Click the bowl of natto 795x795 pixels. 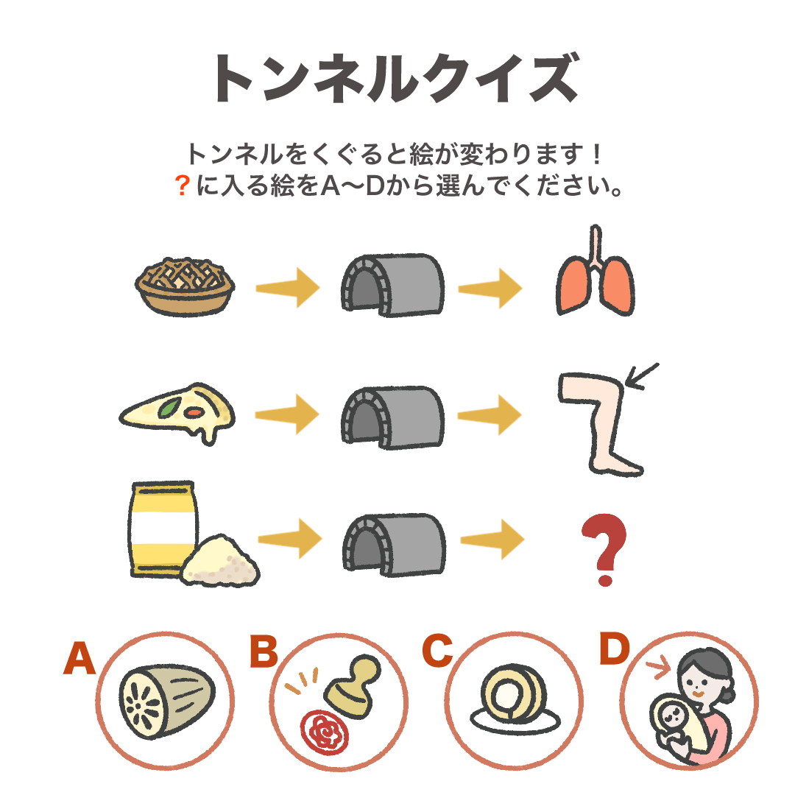[185, 287]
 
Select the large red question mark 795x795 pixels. [604, 550]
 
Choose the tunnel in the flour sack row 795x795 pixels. [394, 545]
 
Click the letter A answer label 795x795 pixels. [79, 657]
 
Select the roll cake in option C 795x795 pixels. [513, 691]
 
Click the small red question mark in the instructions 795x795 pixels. [182, 185]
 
